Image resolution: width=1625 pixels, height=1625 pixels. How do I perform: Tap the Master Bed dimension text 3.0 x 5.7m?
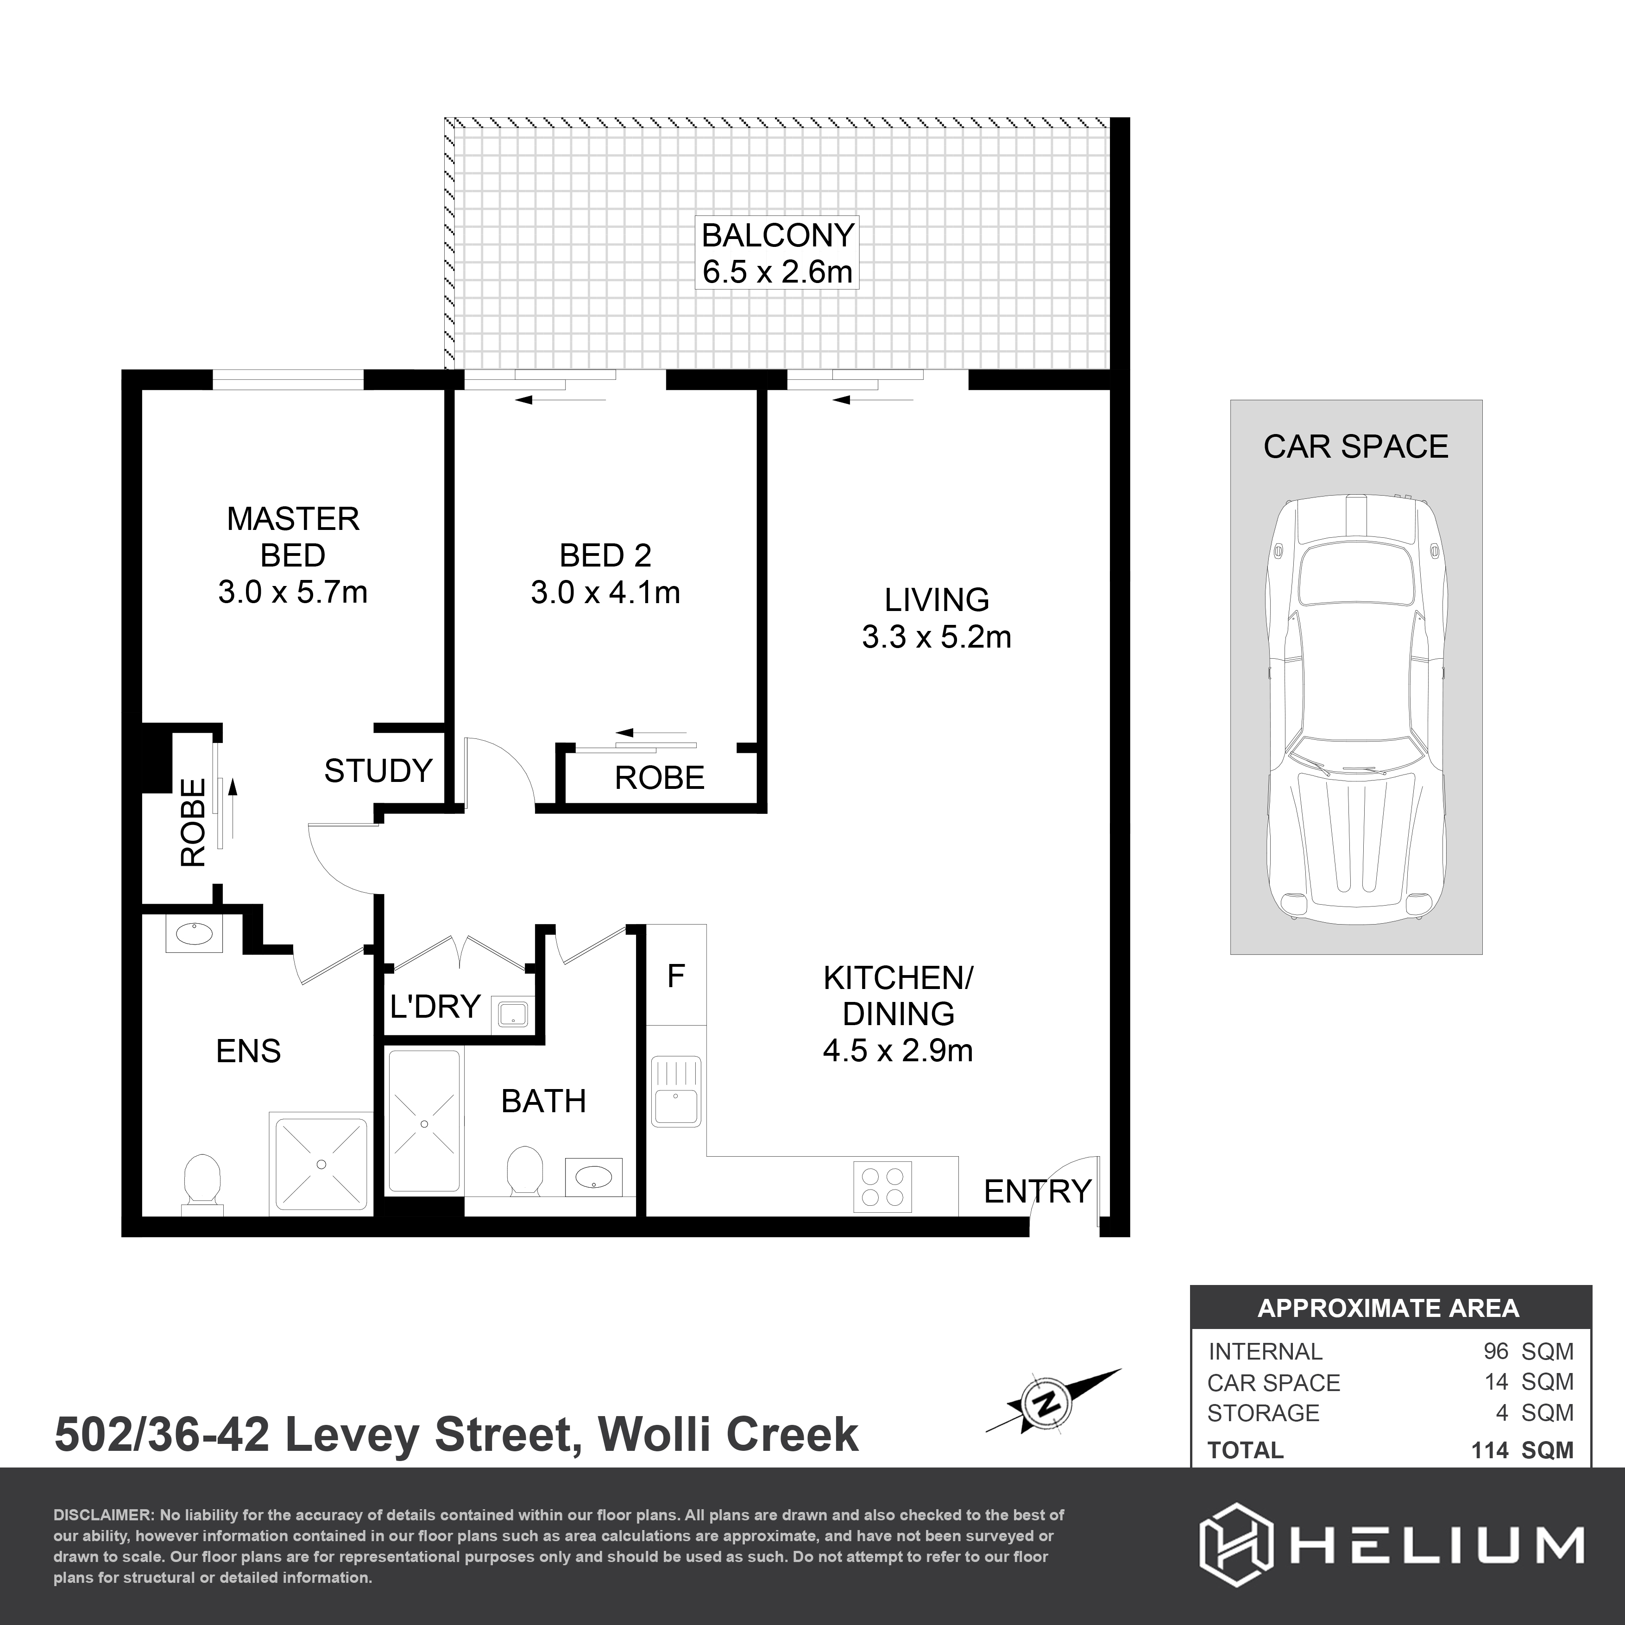click(293, 592)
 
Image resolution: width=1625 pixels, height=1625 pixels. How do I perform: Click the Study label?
click(378, 770)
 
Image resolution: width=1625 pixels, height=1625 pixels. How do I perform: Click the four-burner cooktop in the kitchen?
click(882, 1186)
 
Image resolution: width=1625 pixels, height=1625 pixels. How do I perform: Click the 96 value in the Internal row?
click(1495, 1352)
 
